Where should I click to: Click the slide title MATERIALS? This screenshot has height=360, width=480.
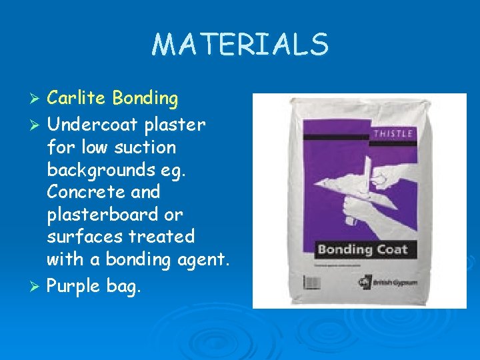tap(240, 44)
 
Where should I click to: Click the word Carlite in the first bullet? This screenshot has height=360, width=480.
tap(77, 99)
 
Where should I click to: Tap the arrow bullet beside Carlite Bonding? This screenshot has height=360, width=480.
tap(37, 99)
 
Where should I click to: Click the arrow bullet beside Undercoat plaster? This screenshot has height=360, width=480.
tap(37, 125)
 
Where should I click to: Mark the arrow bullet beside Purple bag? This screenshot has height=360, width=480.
tap(37, 286)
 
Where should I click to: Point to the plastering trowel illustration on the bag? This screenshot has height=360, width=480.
tap(363, 180)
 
